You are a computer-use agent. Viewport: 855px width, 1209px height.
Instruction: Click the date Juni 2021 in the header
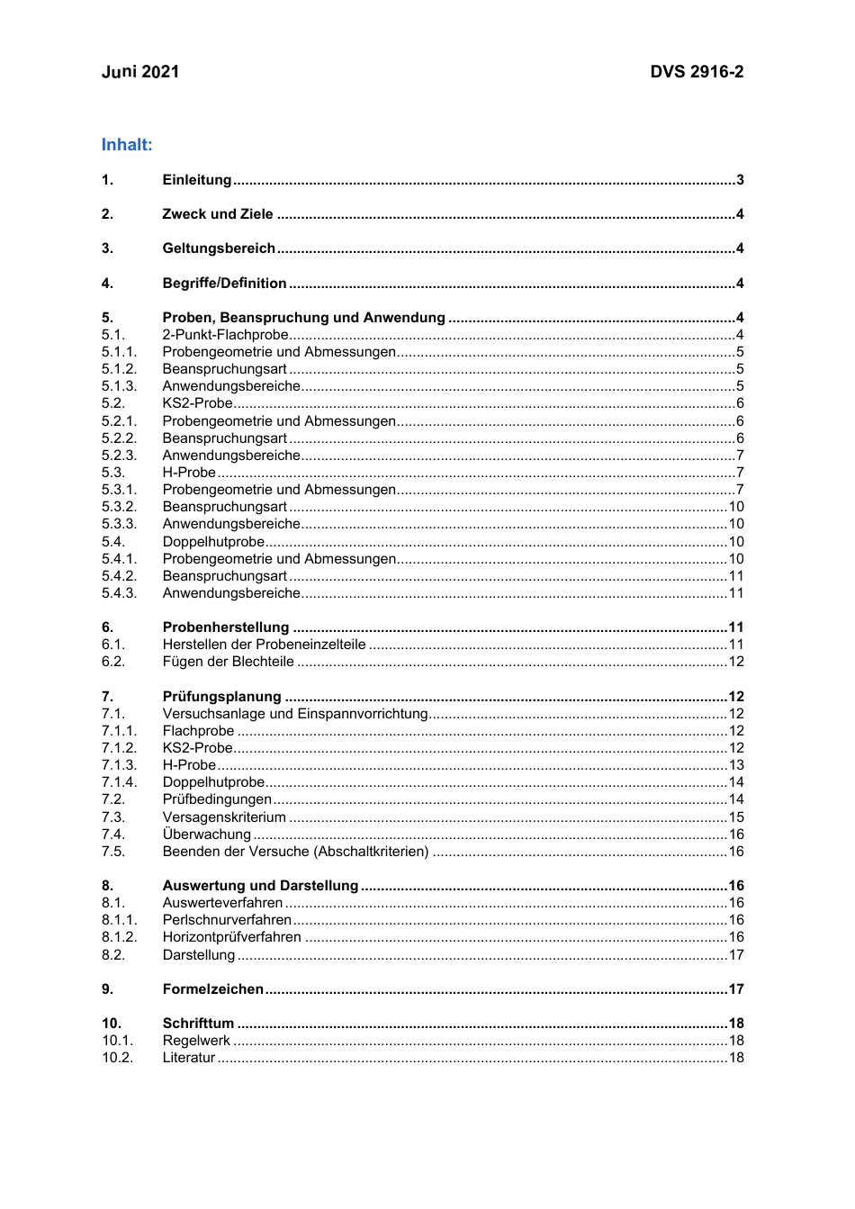[140, 72]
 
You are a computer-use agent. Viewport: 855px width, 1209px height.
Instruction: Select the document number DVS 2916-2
[697, 72]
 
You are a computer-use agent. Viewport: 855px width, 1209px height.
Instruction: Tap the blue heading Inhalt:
[127, 145]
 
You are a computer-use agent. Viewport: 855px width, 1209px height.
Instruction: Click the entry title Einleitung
[197, 180]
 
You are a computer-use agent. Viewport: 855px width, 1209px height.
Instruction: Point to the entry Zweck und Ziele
[218, 214]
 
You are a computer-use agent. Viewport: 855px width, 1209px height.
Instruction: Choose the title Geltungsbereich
[219, 248]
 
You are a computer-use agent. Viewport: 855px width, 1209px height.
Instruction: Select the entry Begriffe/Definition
[224, 284]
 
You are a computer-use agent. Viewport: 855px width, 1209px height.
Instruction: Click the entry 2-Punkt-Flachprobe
[225, 335]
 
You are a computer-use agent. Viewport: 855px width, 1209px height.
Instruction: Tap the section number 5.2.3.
[119, 456]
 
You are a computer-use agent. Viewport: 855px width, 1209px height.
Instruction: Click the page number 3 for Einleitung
[740, 180]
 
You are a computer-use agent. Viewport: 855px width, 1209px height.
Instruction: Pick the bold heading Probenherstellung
[226, 627]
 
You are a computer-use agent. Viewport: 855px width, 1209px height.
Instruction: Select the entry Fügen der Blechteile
[229, 662]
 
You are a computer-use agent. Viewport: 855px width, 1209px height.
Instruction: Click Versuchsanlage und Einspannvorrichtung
[295, 714]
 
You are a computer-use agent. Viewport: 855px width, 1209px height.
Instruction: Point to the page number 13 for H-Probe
[736, 765]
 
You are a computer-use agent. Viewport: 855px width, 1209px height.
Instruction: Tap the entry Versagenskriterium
[224, 817]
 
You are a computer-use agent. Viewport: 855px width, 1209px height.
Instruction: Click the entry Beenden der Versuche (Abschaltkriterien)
[295, 852]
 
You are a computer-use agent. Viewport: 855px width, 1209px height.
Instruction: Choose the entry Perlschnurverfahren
[227, 920]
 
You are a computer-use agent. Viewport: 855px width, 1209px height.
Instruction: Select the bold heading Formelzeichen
[213, 989]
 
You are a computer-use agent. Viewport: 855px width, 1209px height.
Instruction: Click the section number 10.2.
[117, 1058]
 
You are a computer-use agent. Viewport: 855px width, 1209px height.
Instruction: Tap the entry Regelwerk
[196, 1041]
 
